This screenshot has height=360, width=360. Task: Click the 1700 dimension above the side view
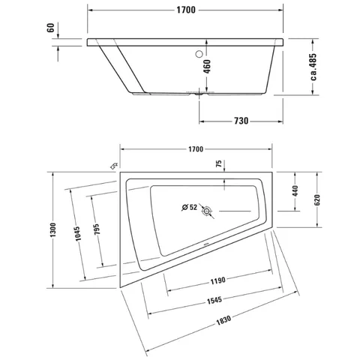click(186, 10)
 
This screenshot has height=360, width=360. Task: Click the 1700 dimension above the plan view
click(196, 149)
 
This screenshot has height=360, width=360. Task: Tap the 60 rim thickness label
click(50, 28)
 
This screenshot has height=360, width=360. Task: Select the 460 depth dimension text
click(207, 67)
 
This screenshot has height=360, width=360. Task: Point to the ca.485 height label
click(313, 67)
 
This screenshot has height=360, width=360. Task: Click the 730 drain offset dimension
click(241, 121)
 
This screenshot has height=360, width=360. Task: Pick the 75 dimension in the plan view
click(219, 163)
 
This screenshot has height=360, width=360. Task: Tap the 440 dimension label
click(295, 190)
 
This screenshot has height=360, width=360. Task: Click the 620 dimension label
click(317, 199)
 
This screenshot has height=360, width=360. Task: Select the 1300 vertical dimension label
click(53, 229)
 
